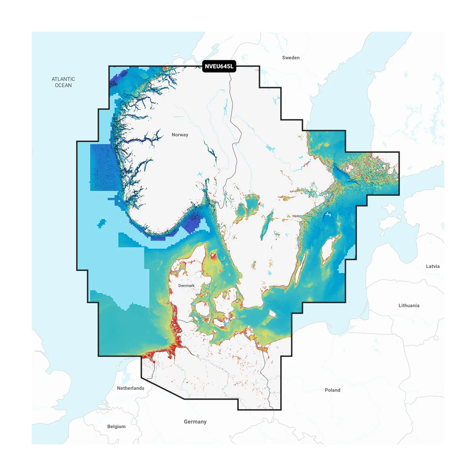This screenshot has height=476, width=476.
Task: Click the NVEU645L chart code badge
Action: point(219,66)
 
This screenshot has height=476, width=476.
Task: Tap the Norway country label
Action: point(180,135)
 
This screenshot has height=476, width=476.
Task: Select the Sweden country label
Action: point(291,58)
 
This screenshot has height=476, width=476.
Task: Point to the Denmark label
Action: point(186,286)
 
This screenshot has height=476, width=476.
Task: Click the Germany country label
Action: point(195,422)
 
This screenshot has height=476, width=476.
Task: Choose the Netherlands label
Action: point(131,388)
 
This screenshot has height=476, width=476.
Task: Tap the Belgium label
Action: point(116,426)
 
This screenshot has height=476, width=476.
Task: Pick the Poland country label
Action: point(332,390)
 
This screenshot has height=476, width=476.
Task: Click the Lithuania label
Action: point(409,305)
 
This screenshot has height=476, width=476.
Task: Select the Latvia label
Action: point(432,266)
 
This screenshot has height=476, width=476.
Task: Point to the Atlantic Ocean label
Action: point(63,82)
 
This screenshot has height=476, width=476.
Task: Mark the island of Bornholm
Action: point(273,314)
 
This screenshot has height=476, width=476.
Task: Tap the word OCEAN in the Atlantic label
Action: point(63,85)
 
